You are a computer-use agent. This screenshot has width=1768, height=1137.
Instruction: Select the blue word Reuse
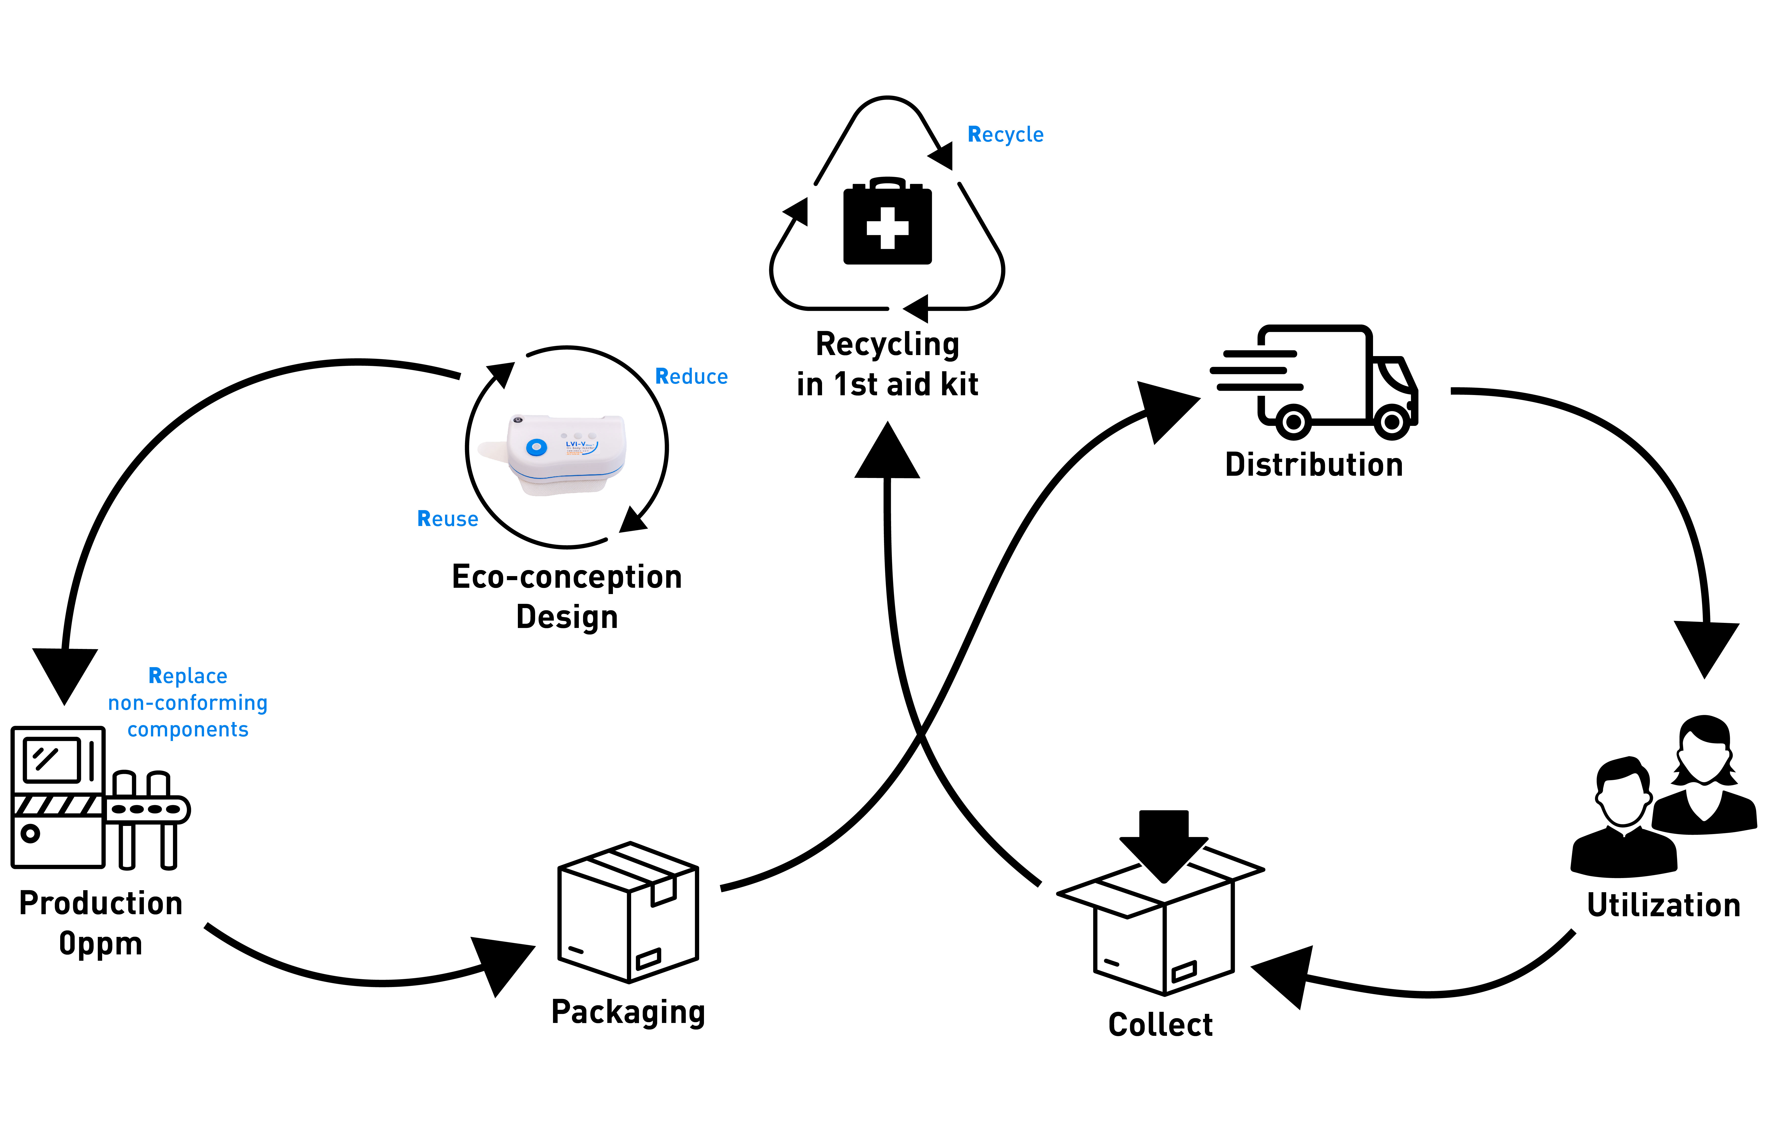point(447,519)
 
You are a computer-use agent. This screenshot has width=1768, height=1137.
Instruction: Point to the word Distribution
point(1313,464)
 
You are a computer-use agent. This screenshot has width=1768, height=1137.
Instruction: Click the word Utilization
point(1663,905)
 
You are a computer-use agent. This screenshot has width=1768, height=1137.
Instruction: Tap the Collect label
point(1160,1025)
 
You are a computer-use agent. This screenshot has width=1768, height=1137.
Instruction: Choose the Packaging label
point(628,1012)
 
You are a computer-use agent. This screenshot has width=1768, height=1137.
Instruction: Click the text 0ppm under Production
point(100,944)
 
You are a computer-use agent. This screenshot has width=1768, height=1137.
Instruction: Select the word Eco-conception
point(566,577)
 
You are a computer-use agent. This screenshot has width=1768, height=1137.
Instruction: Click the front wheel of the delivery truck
point(1391,422)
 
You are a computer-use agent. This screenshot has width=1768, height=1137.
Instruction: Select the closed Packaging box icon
point(628,912)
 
